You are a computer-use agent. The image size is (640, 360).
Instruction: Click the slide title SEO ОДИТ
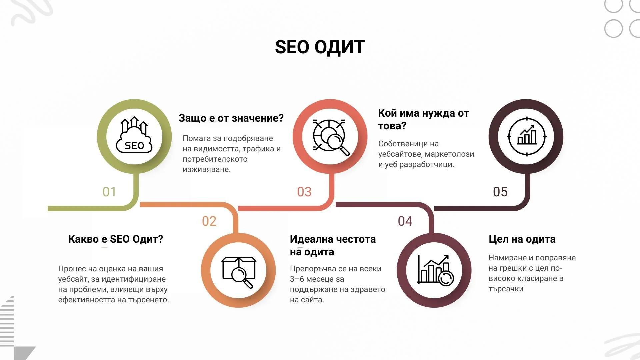click(320, 47)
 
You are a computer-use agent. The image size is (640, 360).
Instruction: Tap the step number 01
click(109, 192)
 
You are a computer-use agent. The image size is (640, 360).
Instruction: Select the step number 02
click(209, 221)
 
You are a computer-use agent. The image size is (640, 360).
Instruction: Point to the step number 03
click(304, 192)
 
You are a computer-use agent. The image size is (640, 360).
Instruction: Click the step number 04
click(405, 221)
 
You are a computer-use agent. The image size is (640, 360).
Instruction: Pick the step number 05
click(500, 192)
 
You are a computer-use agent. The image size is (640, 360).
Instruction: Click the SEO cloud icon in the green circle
click(134, 136)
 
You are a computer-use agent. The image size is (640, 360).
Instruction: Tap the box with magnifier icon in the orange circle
click(239, 272)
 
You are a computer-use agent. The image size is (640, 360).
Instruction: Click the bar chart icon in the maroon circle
click(434, 270)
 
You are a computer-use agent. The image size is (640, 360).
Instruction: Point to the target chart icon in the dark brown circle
click(527, 136)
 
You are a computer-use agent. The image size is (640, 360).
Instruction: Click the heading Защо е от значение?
click(231, 118)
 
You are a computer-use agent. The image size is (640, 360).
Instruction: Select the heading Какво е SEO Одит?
click(116, 239)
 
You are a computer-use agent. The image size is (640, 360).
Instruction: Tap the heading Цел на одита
click(522, 239)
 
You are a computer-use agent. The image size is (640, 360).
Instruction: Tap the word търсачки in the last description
click(506, 289)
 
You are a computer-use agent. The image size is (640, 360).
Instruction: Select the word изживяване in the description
click(206, 170)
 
